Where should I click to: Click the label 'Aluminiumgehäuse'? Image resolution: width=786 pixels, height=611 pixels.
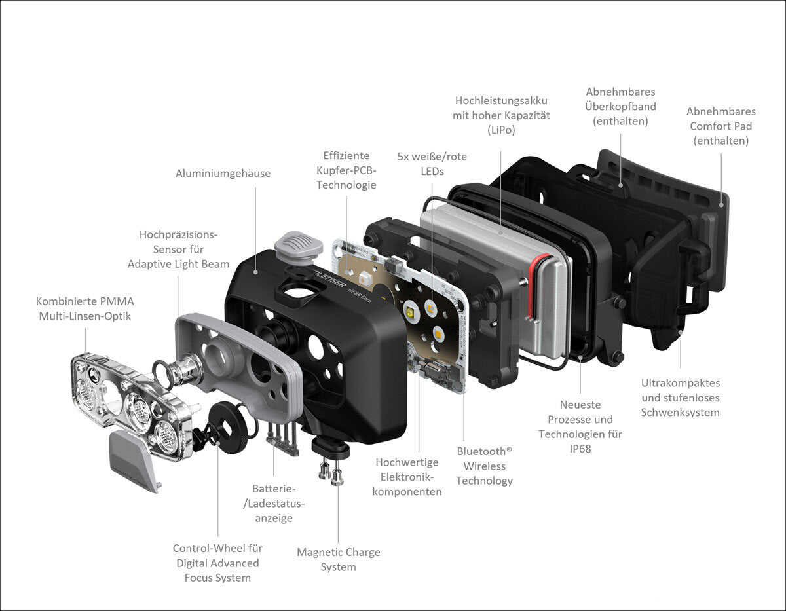(223, 174)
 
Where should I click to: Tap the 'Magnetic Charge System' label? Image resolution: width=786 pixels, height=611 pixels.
(338, 559)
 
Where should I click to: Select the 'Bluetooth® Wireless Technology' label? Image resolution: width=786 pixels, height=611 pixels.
(484, 466)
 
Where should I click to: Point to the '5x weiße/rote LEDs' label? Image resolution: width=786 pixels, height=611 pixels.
(432, 164)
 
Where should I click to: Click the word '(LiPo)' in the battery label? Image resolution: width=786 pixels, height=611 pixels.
(501, 130)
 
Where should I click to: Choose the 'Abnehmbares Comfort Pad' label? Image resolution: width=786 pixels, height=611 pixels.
(720, 126)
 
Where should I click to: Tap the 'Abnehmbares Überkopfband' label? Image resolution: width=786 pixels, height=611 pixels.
(620, 106)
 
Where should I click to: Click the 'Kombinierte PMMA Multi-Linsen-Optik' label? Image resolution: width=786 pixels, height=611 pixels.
(85, 309)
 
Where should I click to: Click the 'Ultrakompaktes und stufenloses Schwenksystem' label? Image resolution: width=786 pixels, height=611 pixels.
(680, 398)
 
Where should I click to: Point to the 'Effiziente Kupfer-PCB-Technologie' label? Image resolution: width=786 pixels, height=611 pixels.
(346, 170)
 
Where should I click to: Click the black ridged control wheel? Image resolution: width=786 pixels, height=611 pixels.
(229, 426)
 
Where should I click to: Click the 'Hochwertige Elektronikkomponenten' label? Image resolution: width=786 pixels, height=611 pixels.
(407, 477)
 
